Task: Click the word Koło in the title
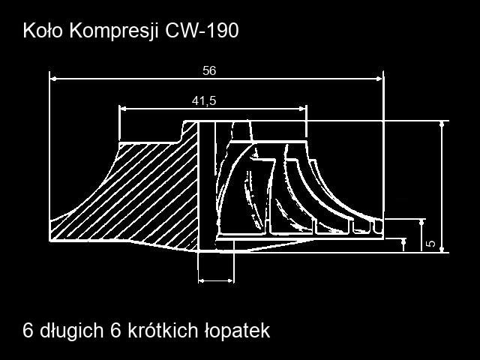tap(43, 31)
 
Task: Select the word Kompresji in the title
tap(114, 31)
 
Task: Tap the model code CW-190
tap(202, 31)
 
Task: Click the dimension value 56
tap(209, 70)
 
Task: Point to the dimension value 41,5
tap(204, 100)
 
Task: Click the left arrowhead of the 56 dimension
tap(53, 79)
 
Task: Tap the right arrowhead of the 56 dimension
tap(379, 79)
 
